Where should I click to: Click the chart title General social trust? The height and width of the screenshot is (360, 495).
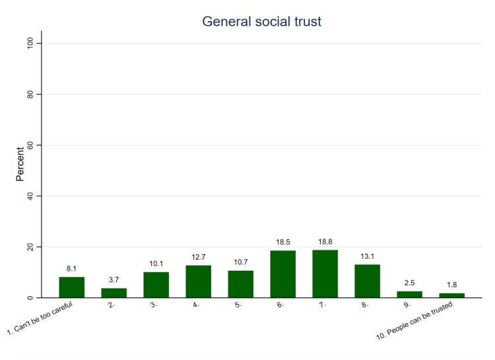click(261, 22)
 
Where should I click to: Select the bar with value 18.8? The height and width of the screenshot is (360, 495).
click(325, 273)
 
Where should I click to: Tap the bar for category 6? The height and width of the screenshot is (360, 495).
click(283, 274)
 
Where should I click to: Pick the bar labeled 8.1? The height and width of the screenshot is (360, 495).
click(72, 287)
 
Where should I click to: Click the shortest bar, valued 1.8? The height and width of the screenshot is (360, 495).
click(452, 295)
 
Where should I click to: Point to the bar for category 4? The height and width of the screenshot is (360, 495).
click(199, 281)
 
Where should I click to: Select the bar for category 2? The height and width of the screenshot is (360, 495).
click(114, 293)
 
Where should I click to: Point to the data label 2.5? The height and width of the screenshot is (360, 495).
click(410, 285)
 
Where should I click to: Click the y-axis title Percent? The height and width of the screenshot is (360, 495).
click(20, 164)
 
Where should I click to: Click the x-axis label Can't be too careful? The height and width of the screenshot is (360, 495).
click(41, 320)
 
